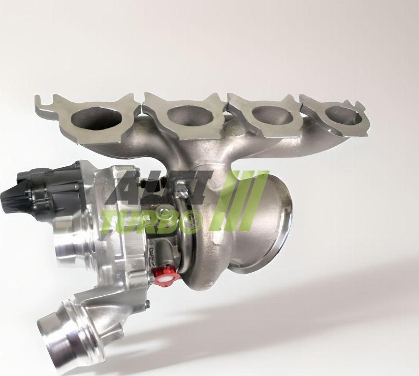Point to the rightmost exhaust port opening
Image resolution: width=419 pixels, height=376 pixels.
tap(343, 115)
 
